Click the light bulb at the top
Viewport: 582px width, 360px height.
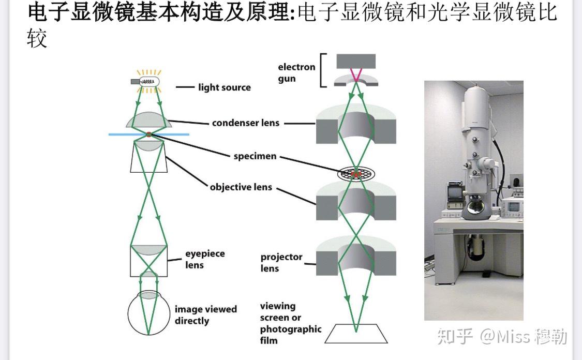pyautogui.click(x=148, y=81)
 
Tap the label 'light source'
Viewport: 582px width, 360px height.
pyautogui.click(x=224, y=87)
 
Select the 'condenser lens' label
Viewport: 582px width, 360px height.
pyautogui.click(x=245, y=123)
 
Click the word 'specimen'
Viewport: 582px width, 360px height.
pyautogui.click(x=255, y=156)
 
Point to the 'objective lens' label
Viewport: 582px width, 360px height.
pyautogui.click(x=241, y=187)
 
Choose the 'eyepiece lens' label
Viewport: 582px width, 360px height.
pyautogui.click(x=205, y=260)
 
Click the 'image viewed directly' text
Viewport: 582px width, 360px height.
pyautogui.click(x=205, y=315)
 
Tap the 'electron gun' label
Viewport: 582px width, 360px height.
pyautogui.click(x=296, y=73)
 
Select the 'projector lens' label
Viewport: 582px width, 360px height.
pyautogui.click(x=281, y=263)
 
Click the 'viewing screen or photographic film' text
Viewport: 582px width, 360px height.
pyautogui.click(x=290, y=323)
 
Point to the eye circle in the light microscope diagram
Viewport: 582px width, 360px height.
pyautogui.click(x=148, y=313)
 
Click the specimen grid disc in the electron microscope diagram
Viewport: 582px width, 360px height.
pyautogui.click(x=356, y=174)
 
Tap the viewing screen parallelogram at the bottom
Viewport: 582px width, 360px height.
pyautogui.click(x=356, y=334)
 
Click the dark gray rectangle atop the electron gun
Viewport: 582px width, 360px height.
pyautogui.click(x=356, y=61)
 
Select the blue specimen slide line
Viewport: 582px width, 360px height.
pyautogui.click(x=124, y=134)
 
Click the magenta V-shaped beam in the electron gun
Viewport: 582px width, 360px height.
pyautogui.click(x=356, y=76)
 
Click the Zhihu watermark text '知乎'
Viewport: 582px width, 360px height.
pyautogui.click(x=455, y=337)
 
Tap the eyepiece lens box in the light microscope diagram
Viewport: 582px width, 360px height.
pyautogui.click(x=148, y=261)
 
